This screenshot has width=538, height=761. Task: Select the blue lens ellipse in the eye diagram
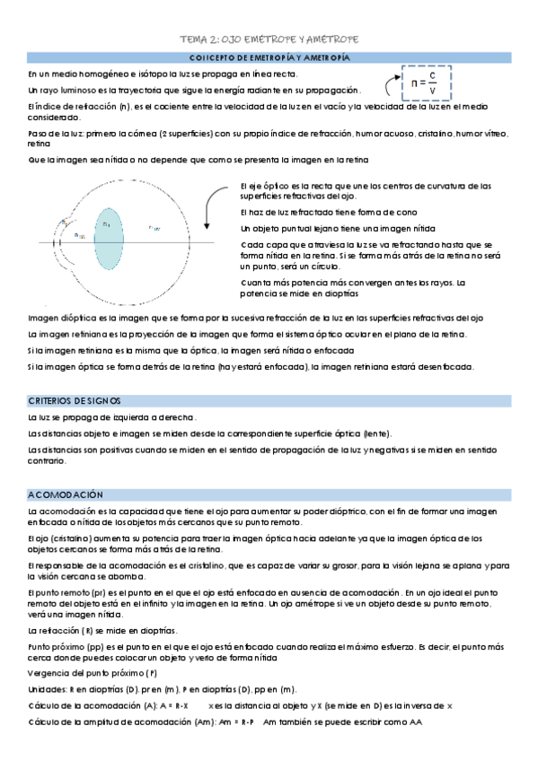click(108, 241)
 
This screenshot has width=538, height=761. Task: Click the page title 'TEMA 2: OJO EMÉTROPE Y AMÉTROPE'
click(268, 40)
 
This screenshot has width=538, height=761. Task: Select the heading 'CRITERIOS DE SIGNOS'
click(75, 400)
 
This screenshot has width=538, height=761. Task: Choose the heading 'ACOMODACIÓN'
click(66, 494)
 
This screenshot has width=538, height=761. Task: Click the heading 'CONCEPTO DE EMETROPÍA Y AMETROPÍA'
click(269, 57)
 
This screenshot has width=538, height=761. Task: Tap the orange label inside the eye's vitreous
click(154, 227)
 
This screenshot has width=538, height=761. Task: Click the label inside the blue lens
click(106, 223)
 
